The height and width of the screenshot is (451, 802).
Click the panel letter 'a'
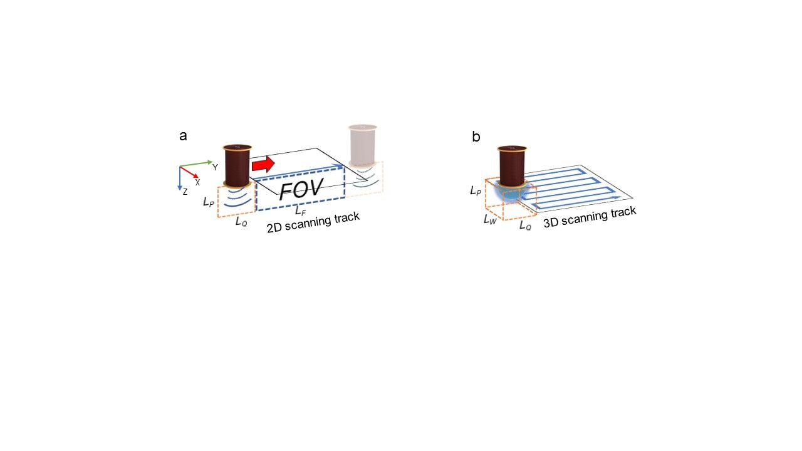(x=183, y=135)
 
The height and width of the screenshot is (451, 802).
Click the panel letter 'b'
(x=476, y=137)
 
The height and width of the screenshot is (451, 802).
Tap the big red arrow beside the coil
(x=263, y=165)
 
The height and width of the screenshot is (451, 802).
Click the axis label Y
(x=215, y=167)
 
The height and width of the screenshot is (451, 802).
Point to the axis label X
(x=197, y=182)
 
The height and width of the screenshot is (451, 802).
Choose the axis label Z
(x=185, y=192)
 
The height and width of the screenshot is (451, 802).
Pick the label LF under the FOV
(x=301, y=210)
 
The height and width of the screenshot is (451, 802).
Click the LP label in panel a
(x=208, y=202)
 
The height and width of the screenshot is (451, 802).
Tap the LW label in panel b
(x=490, y=219)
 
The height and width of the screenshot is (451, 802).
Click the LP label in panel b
(x=476, y=190)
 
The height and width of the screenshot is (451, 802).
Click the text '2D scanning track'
(x=313, y=223)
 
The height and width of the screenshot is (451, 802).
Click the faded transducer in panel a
(x=363, y=145)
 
